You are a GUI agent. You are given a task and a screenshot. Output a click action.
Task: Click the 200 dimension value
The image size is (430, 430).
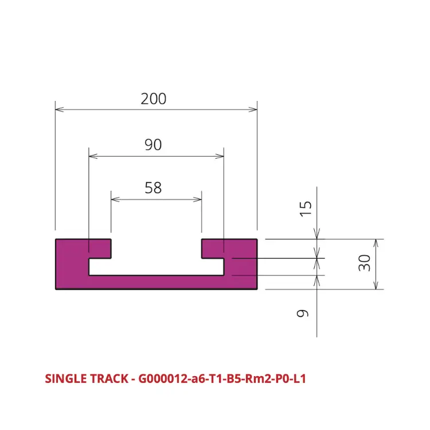(153, 99)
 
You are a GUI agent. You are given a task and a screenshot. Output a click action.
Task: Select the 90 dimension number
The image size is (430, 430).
(153, 145)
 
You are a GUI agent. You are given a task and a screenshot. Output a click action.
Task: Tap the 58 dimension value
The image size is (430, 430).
(153, 188)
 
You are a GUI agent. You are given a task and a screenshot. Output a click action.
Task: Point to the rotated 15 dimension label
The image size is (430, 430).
(306, 209)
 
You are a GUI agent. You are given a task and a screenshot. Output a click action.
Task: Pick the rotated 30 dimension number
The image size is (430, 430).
(365, 263)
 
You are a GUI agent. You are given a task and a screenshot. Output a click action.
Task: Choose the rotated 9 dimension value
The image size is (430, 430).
(303, 313)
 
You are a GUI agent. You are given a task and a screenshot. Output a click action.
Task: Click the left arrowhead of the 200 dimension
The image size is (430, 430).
(60, 110)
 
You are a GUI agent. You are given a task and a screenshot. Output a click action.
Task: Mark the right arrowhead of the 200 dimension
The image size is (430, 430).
(253, 110)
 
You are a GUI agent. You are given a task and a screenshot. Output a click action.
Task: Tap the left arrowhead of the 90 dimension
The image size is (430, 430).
(93, 157)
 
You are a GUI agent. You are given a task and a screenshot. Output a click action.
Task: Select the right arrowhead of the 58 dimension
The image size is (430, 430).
(197, 200)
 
